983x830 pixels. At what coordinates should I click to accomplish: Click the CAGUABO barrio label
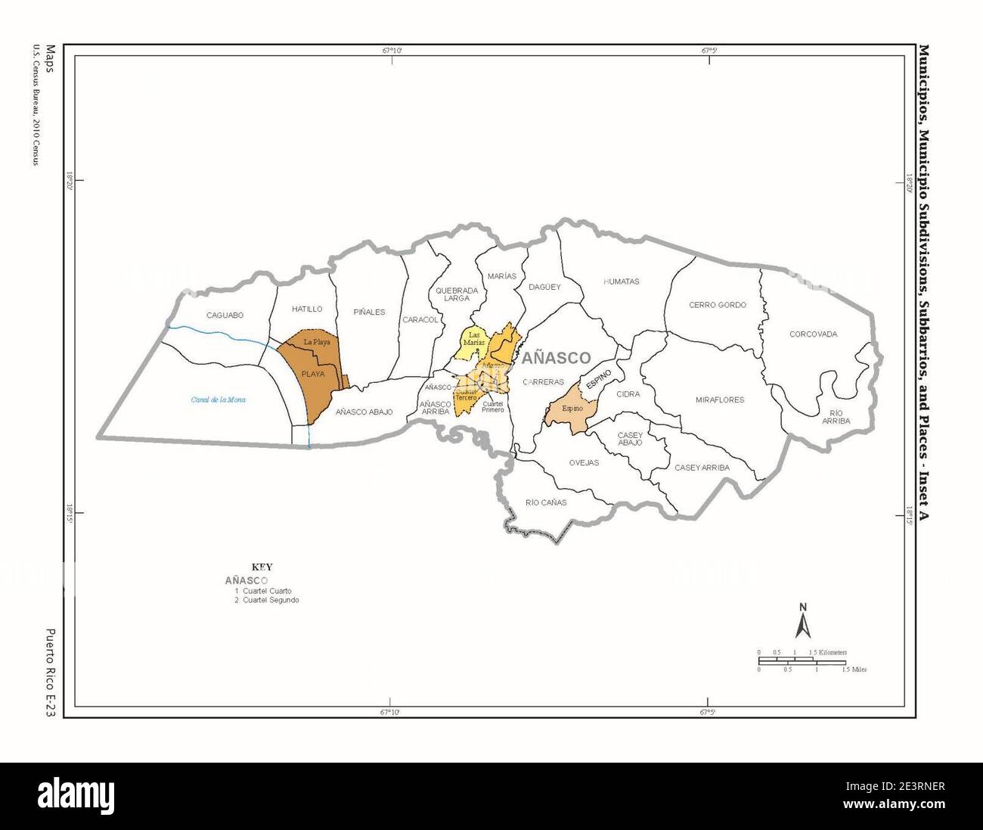225,315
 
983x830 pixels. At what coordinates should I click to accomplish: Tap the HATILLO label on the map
307,309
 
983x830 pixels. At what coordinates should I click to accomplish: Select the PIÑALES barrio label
369,312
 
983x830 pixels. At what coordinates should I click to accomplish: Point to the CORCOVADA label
813,334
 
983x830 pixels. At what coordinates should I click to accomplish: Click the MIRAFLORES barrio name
720,399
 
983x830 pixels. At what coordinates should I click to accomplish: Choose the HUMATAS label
622,281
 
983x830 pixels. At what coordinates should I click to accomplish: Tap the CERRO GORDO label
717,305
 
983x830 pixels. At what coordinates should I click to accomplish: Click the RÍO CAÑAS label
546,502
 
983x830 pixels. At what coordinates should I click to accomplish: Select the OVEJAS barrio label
584,462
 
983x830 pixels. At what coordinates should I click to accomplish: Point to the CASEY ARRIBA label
702,468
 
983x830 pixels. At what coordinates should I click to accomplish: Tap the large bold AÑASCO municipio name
556,358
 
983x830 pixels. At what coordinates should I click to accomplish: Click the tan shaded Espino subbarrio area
571,411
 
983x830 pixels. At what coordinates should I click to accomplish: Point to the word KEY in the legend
262,567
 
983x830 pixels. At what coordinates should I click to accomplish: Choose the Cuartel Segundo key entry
267,600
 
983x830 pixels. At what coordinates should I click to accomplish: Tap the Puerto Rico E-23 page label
51,673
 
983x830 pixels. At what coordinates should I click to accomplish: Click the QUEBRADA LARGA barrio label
457,294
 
